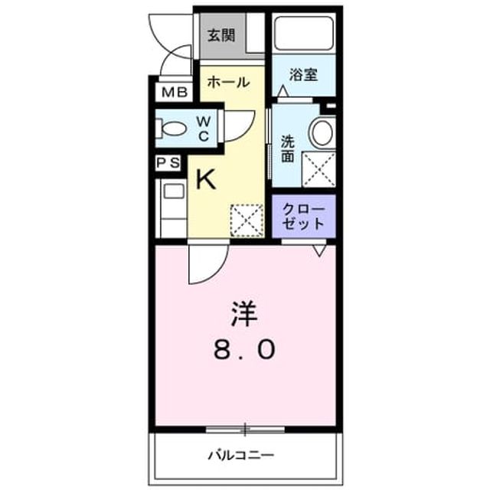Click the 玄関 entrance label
point(221,35)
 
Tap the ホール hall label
point(228,82)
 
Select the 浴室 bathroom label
point(303,74)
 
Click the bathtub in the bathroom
point(304,34)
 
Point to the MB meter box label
point(175,93)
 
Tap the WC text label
point(204,129)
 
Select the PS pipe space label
point(168,162)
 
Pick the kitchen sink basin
point(174,191)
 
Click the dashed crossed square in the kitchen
point(247,220)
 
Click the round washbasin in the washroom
point(322,132)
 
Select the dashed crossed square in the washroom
point(318,169)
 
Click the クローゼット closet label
point(303,216)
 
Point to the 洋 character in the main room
point(244,313)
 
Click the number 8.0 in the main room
point(244,349)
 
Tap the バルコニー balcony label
point(241,456)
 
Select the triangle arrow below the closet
point(320,250)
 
